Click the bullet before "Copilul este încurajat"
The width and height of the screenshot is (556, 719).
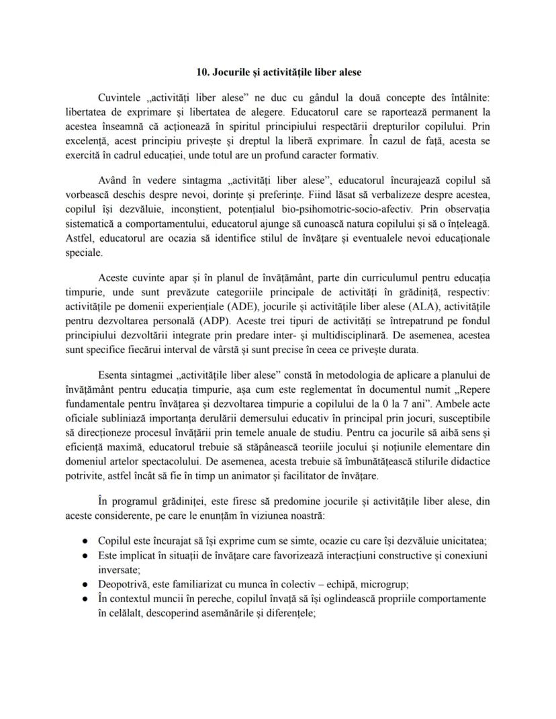85,540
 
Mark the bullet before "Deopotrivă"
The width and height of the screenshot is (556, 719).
85,585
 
